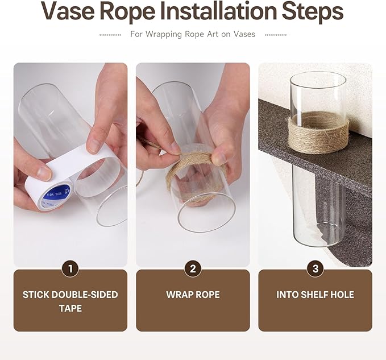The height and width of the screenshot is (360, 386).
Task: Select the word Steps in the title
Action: [x=313, y=13]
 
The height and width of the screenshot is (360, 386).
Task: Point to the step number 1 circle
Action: [x=70, y=268]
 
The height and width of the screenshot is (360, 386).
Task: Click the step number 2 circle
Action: [x=193, y=268]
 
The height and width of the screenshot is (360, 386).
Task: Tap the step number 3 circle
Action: [x=316, y=268]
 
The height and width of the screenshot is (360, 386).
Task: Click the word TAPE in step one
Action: [x=70, y=308]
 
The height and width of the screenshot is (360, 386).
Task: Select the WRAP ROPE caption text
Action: [x=193, y=295]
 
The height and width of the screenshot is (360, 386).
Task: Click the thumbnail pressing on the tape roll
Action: [x=44, y=172]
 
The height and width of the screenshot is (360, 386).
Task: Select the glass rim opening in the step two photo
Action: [x=206, y=211]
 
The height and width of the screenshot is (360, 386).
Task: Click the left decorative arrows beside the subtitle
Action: [x=110, y=35]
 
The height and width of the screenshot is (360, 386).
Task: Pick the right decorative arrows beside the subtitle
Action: [x=276, y=35]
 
